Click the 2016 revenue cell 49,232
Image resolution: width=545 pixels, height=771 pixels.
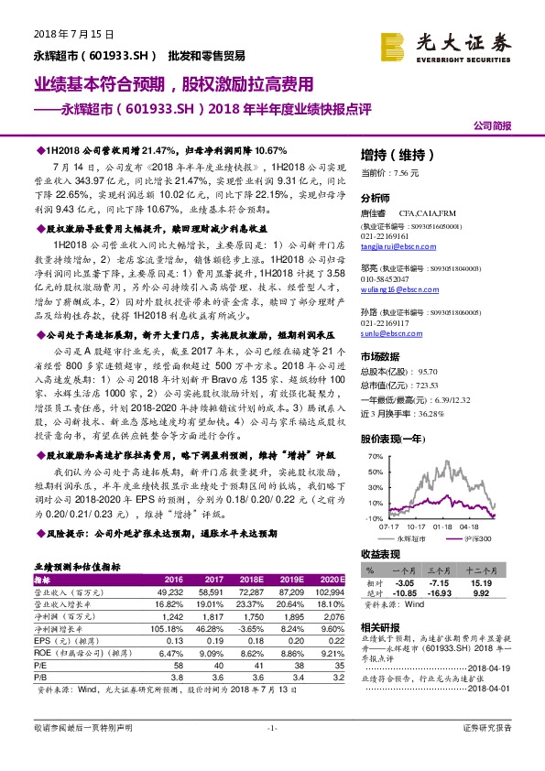click(172, 592)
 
